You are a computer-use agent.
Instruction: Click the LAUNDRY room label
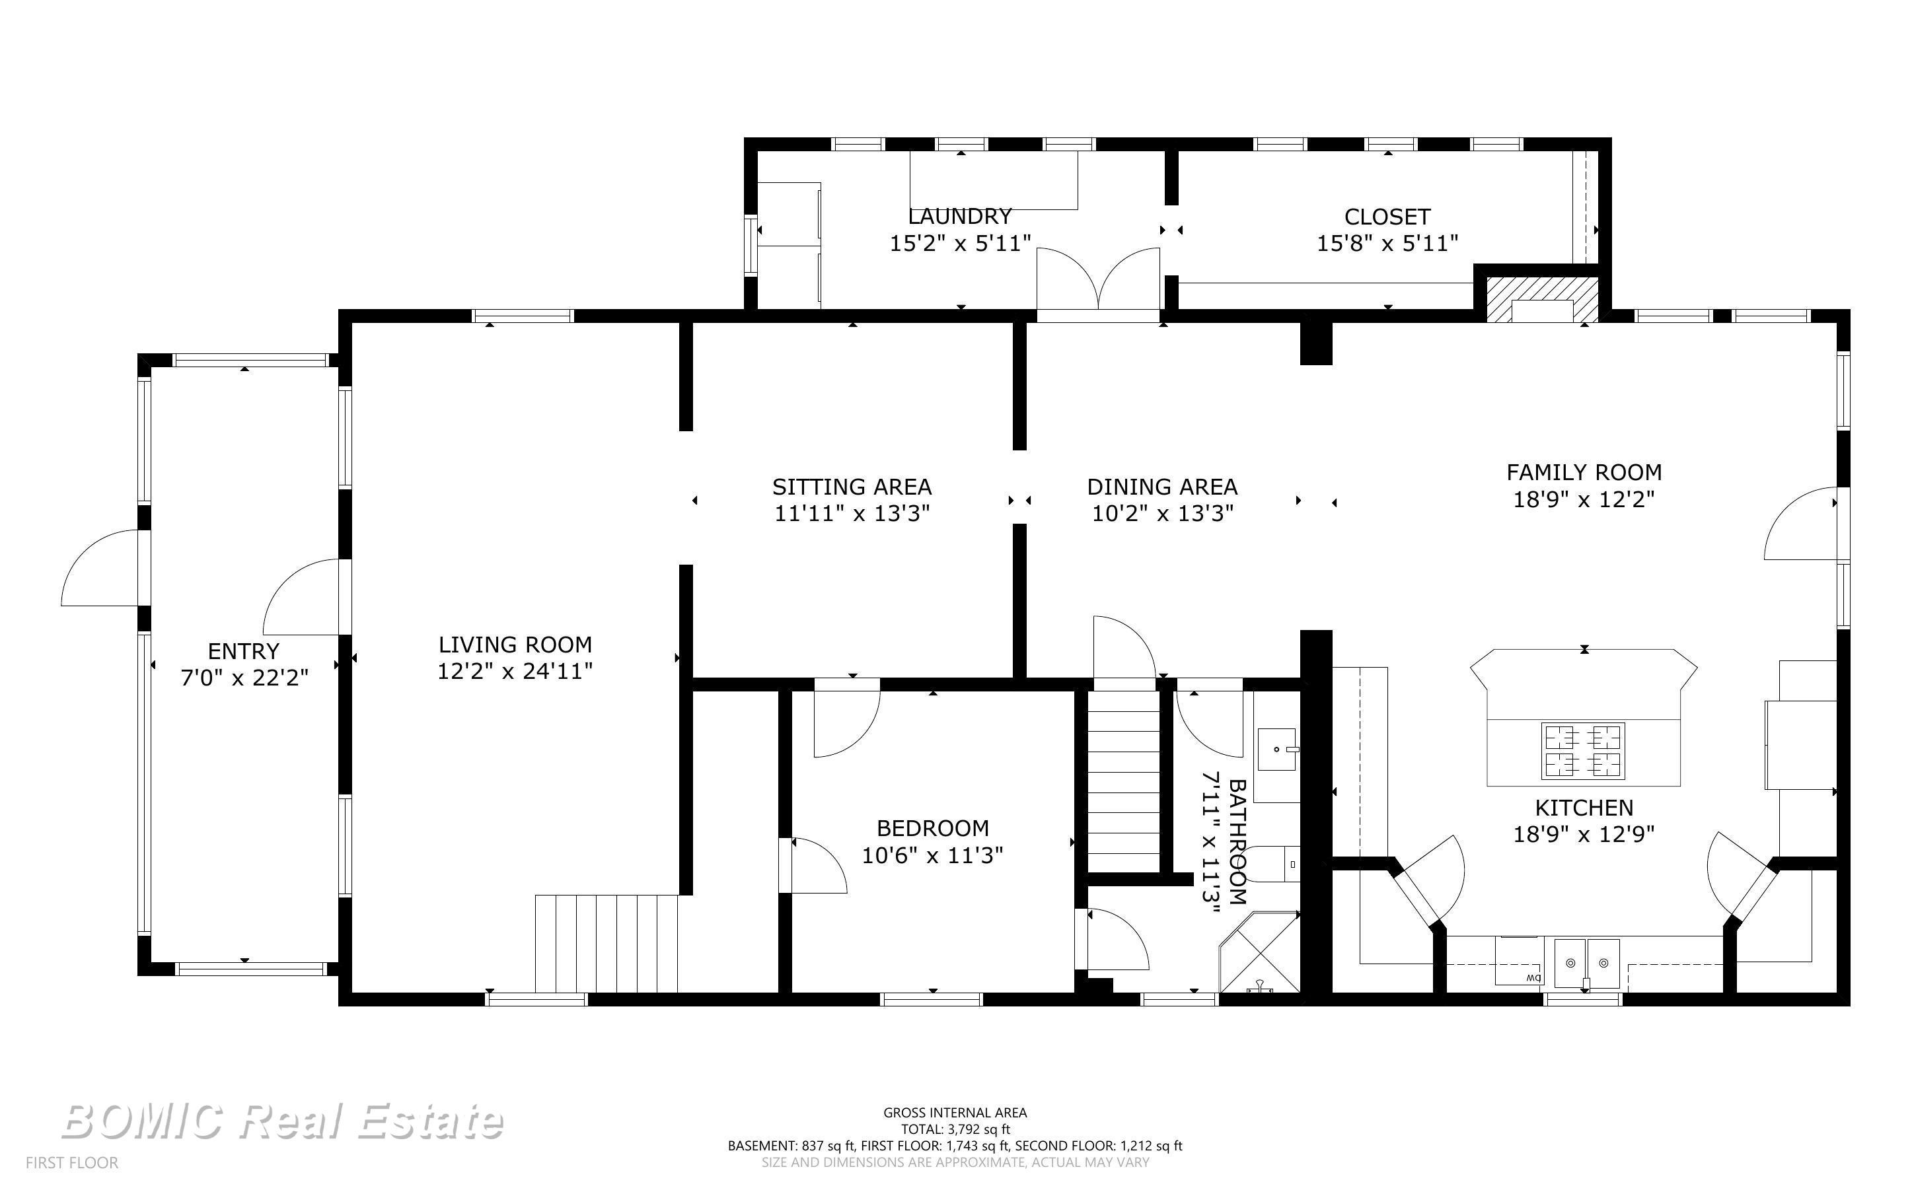pyautogui.click(x=959, y=217)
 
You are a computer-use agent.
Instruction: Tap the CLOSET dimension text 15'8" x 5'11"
pyautogui.click(x=1387, y=243)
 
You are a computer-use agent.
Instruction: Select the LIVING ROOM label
pyautogui.click(x=515, y=645)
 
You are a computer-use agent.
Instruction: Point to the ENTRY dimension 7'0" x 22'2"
pyautogui.click(x=244, y=678)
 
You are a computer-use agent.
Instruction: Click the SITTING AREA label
pyautogui.click(x=852, y=487)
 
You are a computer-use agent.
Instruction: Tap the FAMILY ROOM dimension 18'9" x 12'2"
pyautogui.click(x=1584, y=499)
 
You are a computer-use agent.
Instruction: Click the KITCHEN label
pyautogui.click(x=1584, y=808)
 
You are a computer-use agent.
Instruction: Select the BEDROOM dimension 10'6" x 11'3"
pyautogui.click(x=932, y=855)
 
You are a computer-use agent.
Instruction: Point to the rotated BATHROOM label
pyautogui.click(x=1237, y=842)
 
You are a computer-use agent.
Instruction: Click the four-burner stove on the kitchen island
pyautogui.click(x=1583, y=750)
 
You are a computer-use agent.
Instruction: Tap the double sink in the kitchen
pyautogui.click(x=1586, y=964)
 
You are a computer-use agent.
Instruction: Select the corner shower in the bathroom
pyautogui.click(x=1260, y=952)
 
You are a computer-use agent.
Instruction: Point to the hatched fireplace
pyautogui.click(x=1543, y=299)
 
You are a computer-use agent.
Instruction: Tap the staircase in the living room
pyautogui.click(x=607, y=944)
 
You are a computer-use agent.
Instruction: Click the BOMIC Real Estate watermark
pyautogui.click(x=282, y=1122)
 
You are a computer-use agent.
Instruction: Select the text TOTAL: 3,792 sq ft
pyautogui.click(x=955, y=1129)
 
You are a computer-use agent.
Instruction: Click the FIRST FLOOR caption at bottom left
pyautogui.click(x=72, y=1162)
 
